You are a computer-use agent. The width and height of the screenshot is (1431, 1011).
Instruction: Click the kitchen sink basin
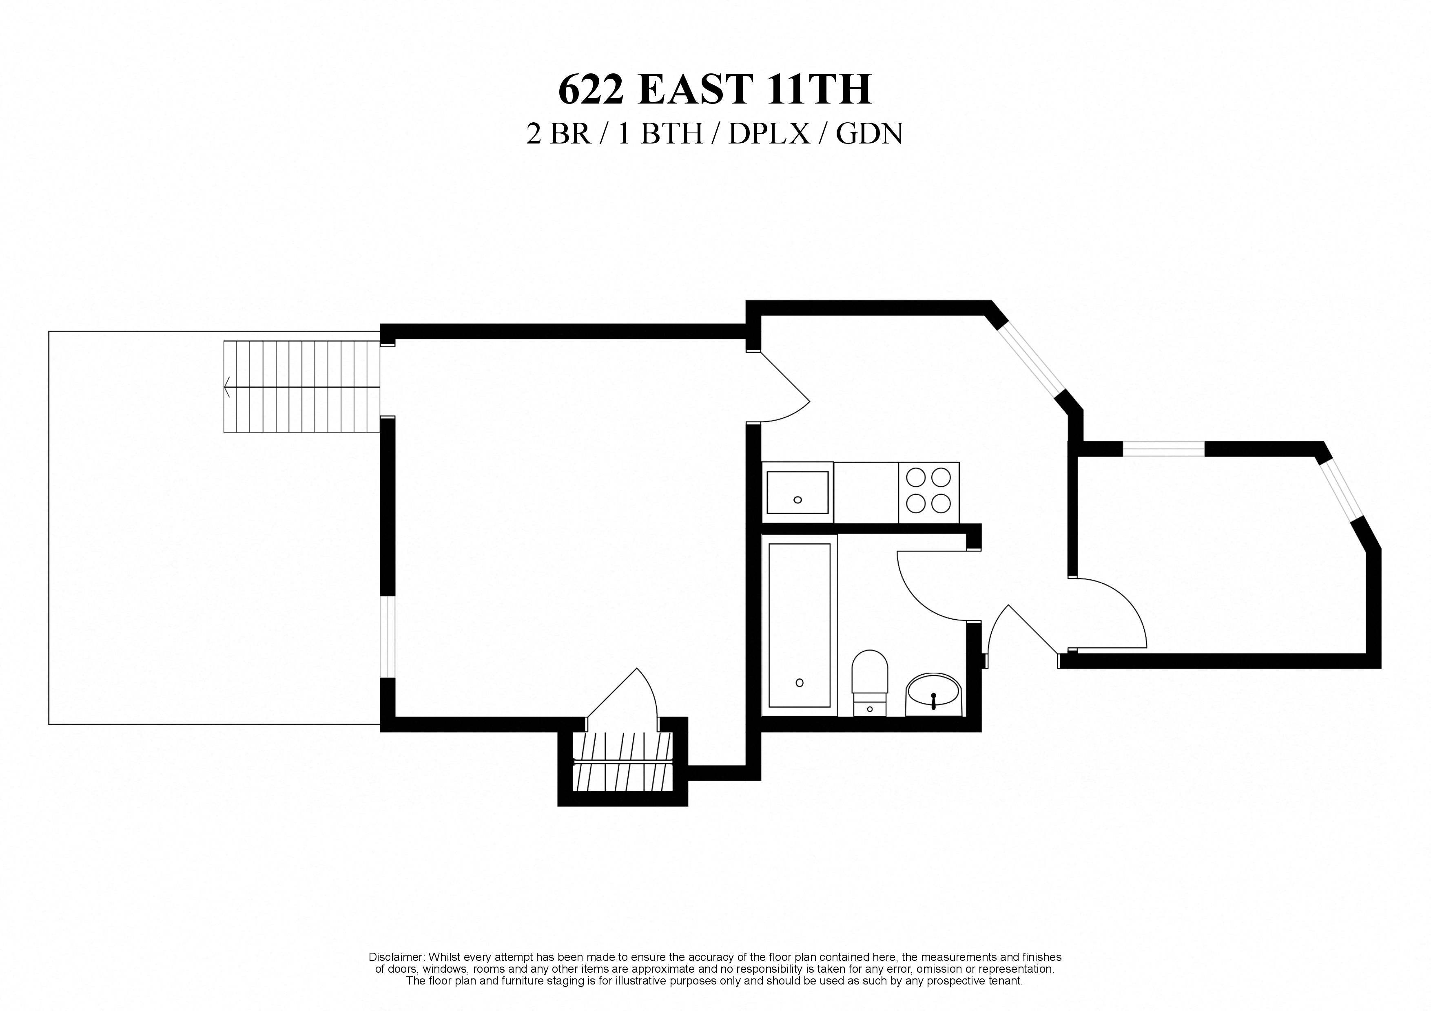pos(797,492)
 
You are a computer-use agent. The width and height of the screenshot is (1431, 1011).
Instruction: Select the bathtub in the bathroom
pos(799,625)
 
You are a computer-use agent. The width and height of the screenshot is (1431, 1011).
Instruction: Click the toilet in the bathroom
pos(869,680)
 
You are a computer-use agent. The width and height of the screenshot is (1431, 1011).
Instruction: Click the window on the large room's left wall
pos(387,637)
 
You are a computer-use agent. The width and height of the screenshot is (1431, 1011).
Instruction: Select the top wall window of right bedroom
pos(1163,448)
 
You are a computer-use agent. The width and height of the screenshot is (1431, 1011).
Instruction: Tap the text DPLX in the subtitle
pos(769,134)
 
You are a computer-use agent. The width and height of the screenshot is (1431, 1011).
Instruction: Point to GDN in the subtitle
pos(869,134)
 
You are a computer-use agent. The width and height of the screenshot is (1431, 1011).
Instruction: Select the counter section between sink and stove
pos(866,492)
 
